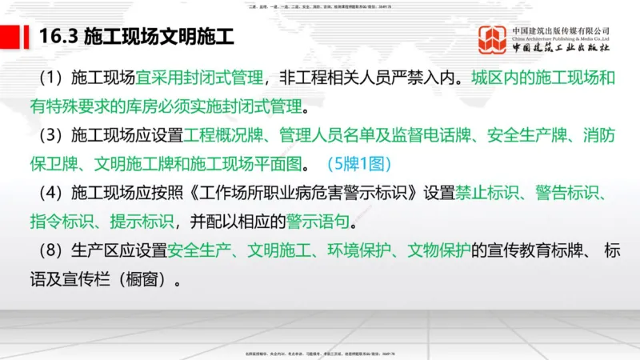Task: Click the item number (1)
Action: click(x=48, y=78)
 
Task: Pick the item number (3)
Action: click(x=48, y=135)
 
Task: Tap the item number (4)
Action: click(x=48, y=193)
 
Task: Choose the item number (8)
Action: click(x=48, y=251)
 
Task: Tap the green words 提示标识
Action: click(x=143, y=222)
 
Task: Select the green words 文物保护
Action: click(x=438, y=251)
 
